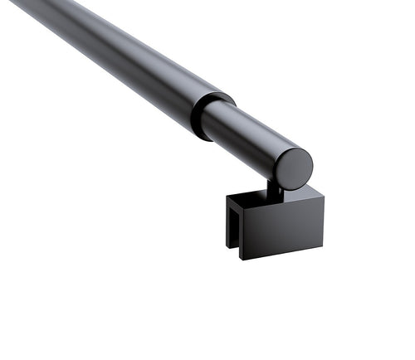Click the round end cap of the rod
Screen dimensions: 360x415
[294, 168]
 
